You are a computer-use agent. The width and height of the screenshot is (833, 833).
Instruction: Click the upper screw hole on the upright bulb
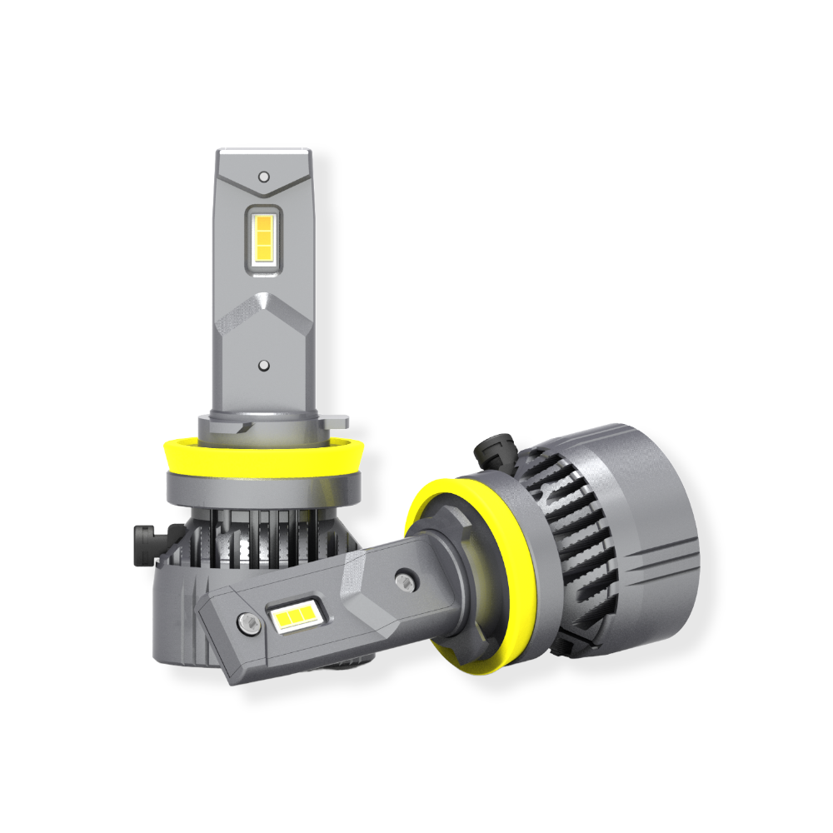[264, 177]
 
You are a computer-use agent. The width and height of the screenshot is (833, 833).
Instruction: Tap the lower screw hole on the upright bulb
[264, 365]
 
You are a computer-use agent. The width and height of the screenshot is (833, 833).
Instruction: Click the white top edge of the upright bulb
[264, 154]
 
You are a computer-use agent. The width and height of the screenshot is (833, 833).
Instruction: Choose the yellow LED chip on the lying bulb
[294, 617]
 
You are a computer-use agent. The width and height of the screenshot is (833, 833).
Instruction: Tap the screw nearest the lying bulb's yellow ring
[406, 580]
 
